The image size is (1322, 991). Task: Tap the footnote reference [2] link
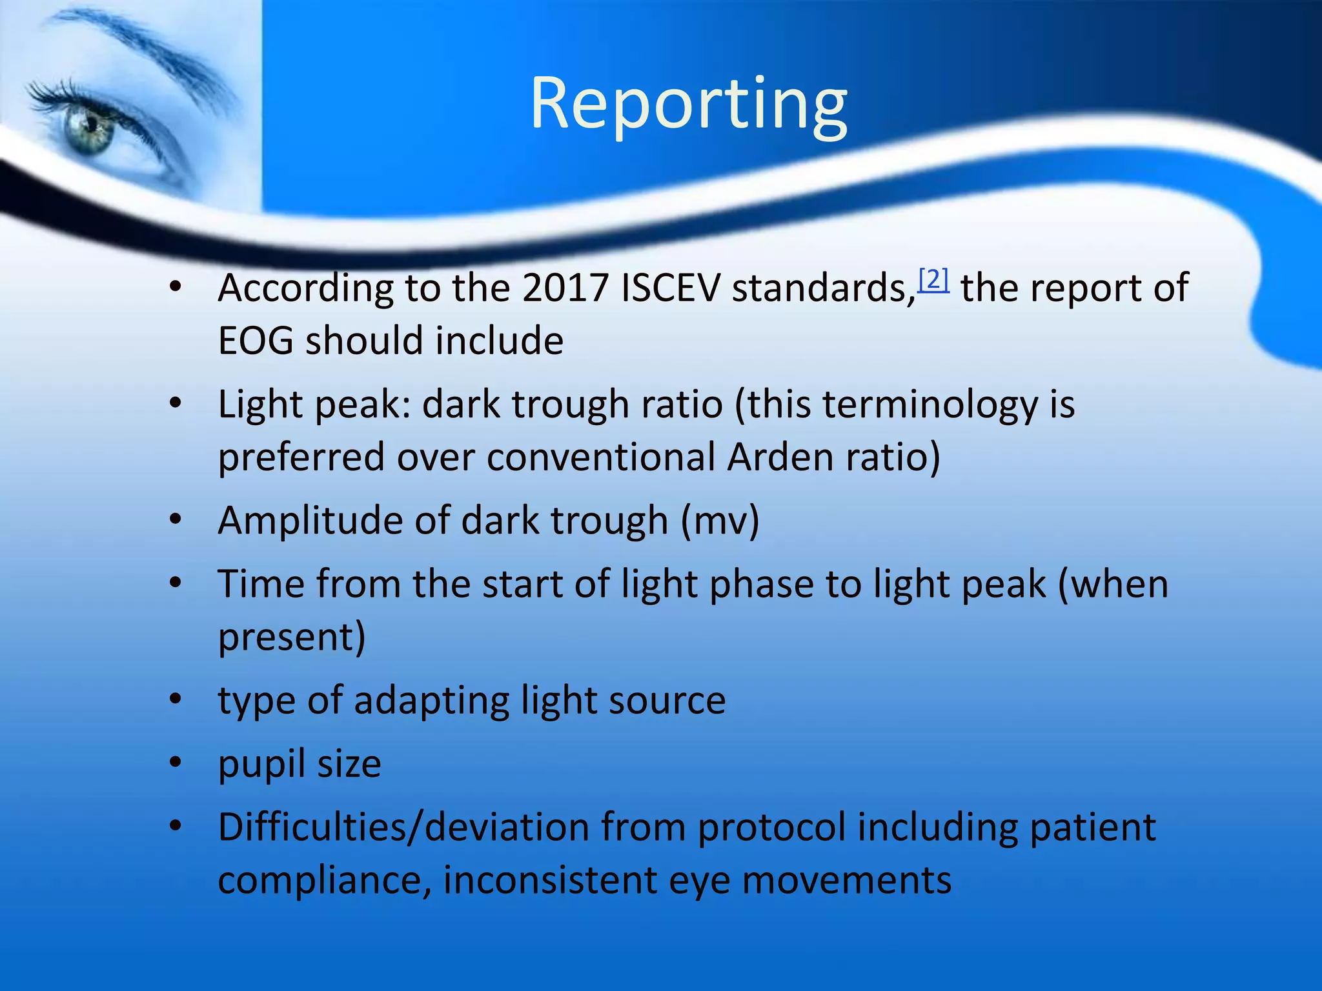tap(933, 280)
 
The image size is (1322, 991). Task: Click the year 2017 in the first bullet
tap(565, 288)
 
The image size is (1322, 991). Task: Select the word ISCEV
tap(669, 288)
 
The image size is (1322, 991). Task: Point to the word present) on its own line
tap(292, 637)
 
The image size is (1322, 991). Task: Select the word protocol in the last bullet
tap(771, 827)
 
